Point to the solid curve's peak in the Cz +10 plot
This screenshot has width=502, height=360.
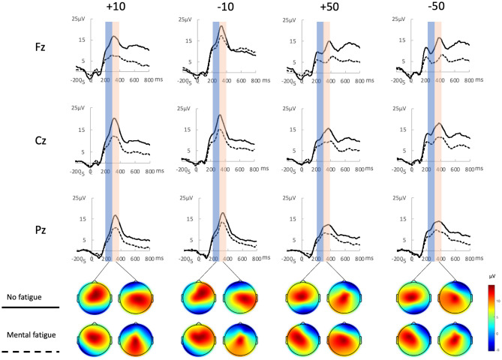[114, 118]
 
